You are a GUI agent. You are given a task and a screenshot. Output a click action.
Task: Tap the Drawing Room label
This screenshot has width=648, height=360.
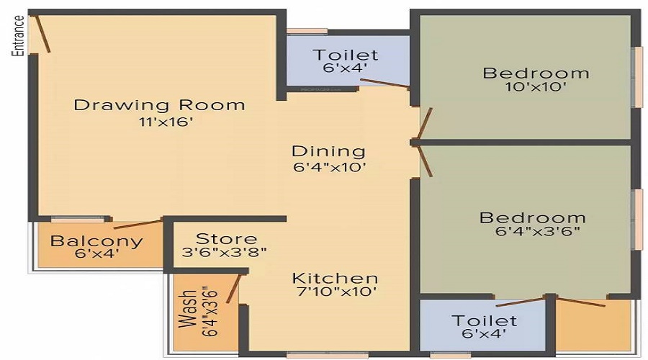(x=159, y=105)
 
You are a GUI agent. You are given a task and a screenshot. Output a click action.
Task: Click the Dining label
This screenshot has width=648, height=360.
(x=328, y=152)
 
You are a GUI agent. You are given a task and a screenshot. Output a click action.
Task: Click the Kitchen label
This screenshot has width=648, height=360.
(x=335, y=278)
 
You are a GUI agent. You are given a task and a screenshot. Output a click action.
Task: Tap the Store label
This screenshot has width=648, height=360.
(x=226, y=238)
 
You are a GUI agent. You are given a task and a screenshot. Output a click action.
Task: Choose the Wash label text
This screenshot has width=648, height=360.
(x=189, y=309)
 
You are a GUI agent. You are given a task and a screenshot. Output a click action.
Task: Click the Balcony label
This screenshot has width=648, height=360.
(x=96, y=241)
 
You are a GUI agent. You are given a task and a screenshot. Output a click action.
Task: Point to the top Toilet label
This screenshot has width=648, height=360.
(x=345, y=55)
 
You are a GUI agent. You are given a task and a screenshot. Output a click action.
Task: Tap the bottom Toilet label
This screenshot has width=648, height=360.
(x=484, y=320)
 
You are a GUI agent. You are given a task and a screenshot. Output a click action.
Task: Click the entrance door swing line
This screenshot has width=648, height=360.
(x=42, y=33)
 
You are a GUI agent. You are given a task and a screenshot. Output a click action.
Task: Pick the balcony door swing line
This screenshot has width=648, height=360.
(x=137, y=225)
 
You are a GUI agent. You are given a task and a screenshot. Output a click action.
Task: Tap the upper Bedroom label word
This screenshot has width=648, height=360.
(x=536, y=73)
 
